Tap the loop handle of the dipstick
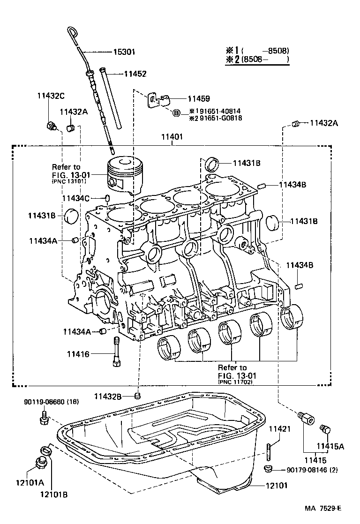[72, 33]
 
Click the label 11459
[198, 99]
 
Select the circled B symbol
[176, 113]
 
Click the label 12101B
[53, 494]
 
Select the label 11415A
[330, 447]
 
